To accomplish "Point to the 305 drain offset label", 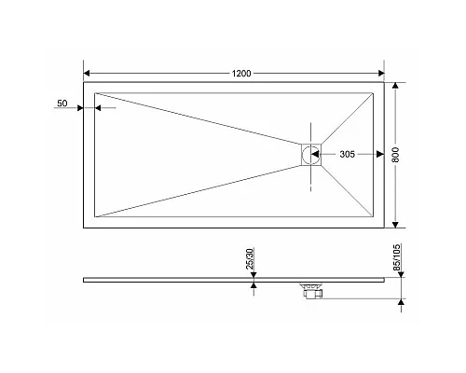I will click(347, 154).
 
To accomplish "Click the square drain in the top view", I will click(310, 154).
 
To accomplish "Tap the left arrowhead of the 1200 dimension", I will click(88, 73).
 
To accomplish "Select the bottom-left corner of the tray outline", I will click(84, 227).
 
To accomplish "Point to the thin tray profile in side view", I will click(186, 278).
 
